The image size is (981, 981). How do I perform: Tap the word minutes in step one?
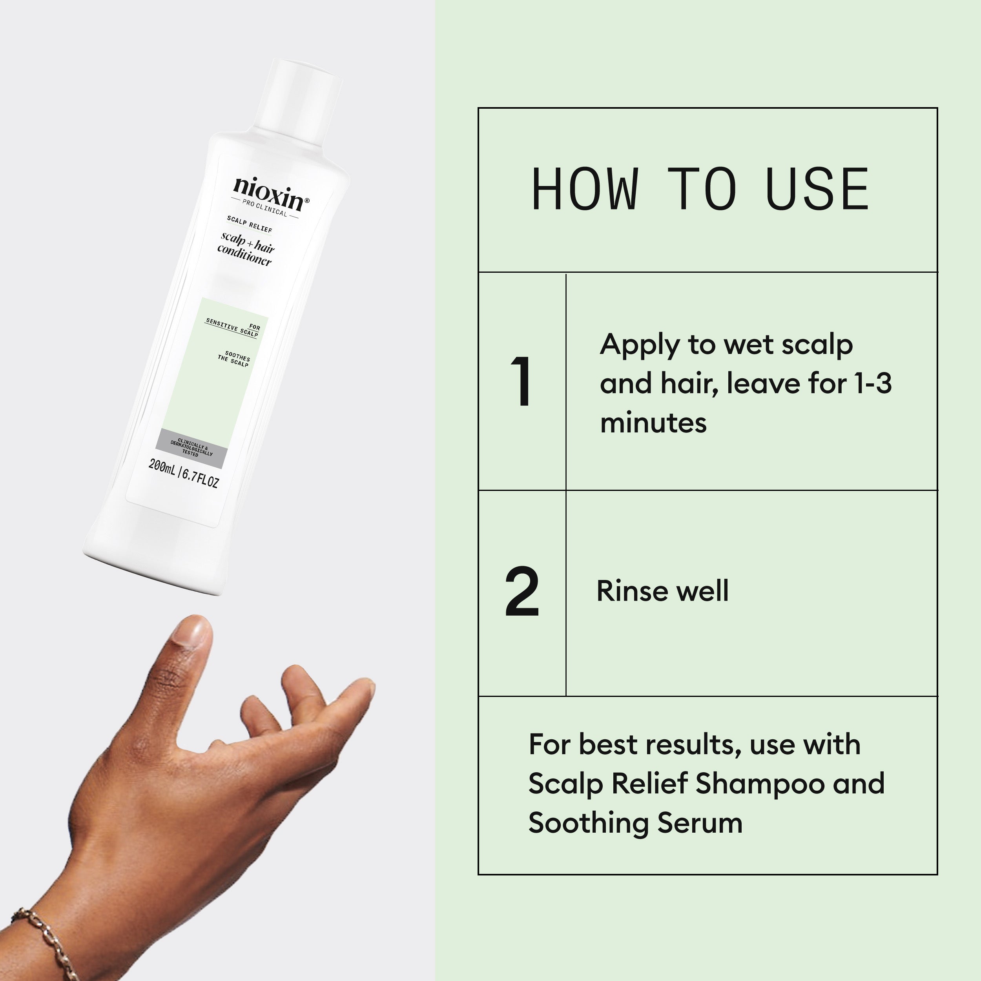click(653, 423)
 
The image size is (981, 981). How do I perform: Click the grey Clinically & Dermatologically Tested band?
click(191, 449)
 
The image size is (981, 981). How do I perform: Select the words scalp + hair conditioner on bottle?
click(246, 249)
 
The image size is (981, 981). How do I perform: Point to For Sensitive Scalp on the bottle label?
click(233, 328)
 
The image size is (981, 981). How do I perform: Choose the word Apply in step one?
click(639, 345)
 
